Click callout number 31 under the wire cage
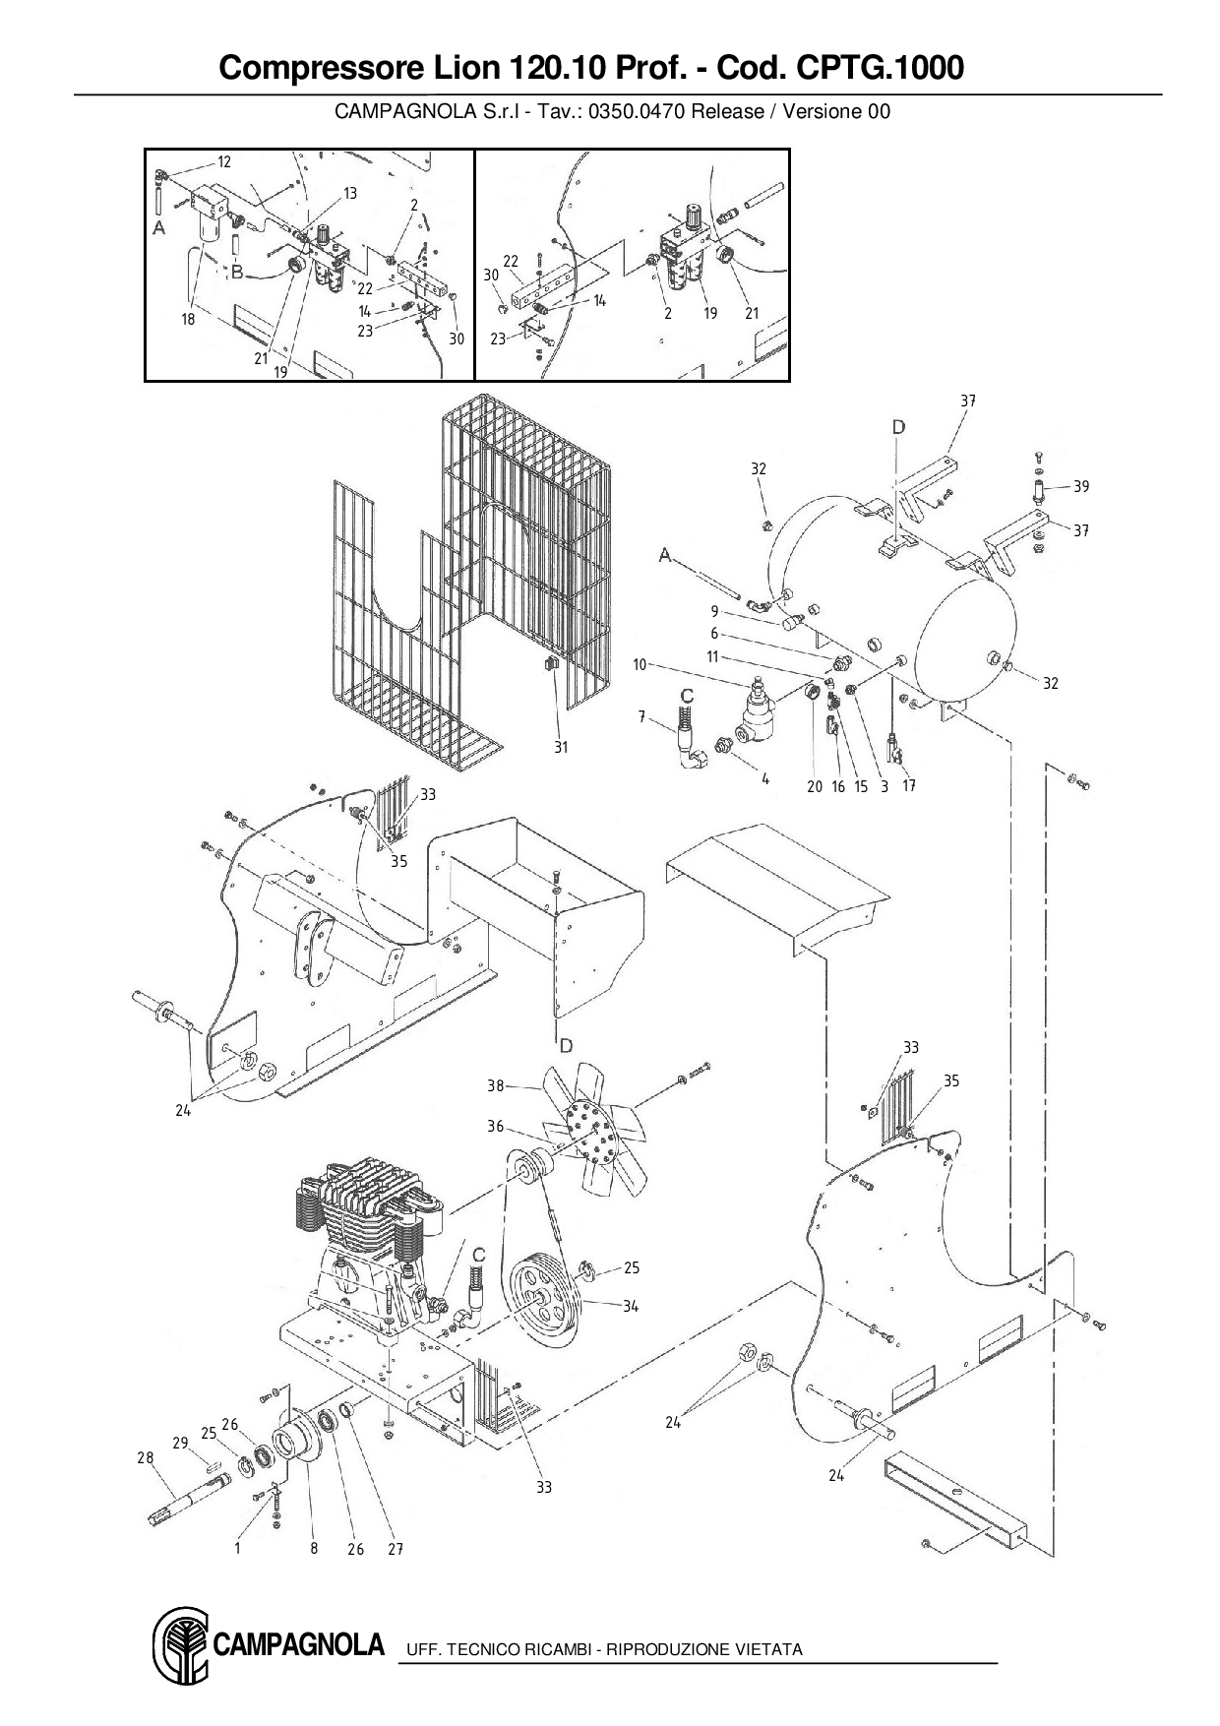click(561, 747)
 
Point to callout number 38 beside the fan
click(496, 1085)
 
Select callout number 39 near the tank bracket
click(1081, 486)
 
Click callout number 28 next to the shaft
click(146, 1458)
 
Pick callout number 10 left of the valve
click(640, 665)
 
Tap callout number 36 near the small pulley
click(495, 1127)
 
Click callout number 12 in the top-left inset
click(224, 162)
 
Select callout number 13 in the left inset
click(350, 193)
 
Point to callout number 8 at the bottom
click(315, 1548)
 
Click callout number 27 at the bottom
click(396, 1549)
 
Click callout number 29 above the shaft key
click(180, 1443)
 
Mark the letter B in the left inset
click(236, 271)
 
